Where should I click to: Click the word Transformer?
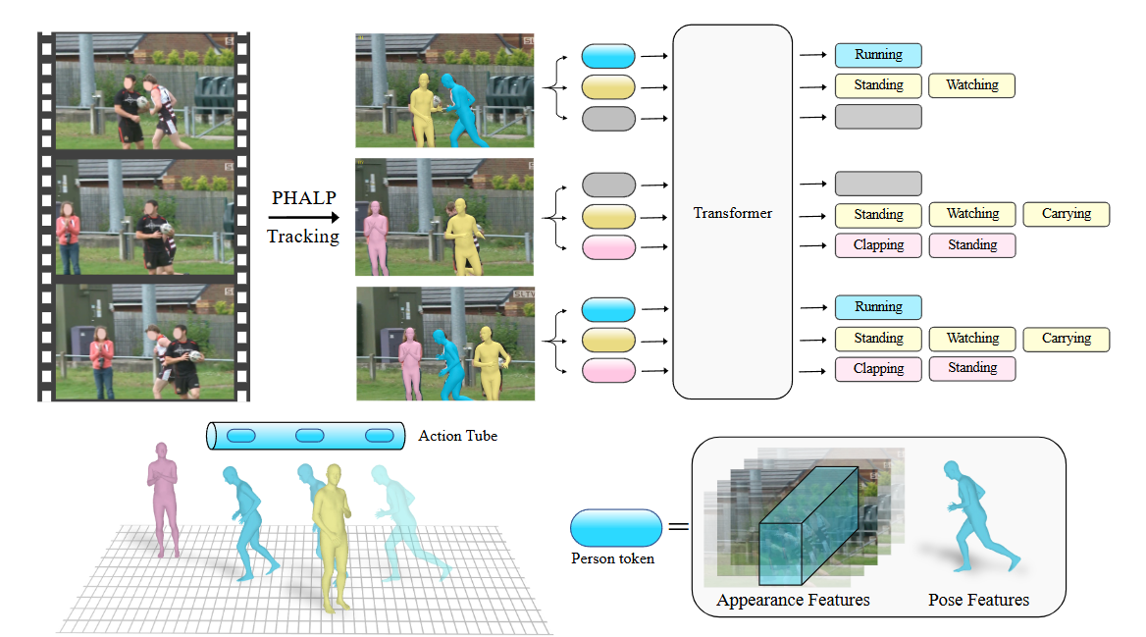(x=732, y=213)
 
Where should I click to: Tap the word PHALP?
(x=304, y=197)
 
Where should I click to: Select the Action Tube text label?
(x=457, y=436)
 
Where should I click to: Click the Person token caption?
(x=612, y=558)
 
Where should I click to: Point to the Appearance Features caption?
(x=793, y=601)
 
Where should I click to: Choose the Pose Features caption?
(x=978, y=601)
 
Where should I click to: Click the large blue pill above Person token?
(x=616, y=528)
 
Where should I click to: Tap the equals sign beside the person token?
(x=679, y=526)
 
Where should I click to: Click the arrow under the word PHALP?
(x=304, y=217)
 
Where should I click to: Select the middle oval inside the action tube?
(x=310, y=436)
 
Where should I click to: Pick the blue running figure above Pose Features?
(x=977, y=516)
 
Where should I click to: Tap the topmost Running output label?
(x=878, y=55)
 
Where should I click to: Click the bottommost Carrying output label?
(x=1067, y=339)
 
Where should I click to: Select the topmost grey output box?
(x=878, y=117)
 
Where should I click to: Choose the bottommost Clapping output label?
(x=878, y=369)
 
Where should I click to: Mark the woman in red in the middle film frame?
(x=68, y=239)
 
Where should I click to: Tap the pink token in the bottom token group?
(x=608, y=371)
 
